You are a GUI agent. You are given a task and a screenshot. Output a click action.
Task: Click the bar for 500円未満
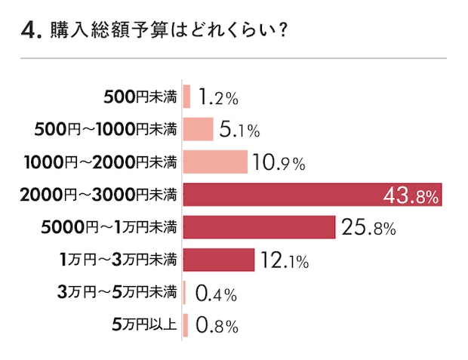click(186, 97)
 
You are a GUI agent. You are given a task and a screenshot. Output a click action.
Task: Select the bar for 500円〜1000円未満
click(198, 129)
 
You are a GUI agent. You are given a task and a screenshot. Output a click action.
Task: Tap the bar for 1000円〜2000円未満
click(215, 162)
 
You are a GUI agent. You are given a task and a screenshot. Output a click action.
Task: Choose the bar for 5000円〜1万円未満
click(259, 227)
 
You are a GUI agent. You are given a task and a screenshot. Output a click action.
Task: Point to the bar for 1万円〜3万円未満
click(219, 260)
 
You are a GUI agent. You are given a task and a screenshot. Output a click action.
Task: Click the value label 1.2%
click(219, 97)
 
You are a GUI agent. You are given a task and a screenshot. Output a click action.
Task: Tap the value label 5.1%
click(240, 130)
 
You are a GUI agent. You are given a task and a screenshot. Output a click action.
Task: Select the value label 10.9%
click(279, 162)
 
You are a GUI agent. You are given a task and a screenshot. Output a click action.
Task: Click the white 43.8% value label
click(411, 195)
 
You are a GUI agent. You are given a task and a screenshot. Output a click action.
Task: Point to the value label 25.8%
click(368, 228)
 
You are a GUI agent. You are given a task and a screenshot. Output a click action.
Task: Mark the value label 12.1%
click(285, 261)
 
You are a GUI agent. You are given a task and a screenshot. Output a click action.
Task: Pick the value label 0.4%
click(217, 294)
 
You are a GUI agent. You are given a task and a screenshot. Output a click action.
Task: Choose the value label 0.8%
click(217, 326)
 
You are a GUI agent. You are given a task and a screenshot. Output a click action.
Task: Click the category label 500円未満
click(140, 97)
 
